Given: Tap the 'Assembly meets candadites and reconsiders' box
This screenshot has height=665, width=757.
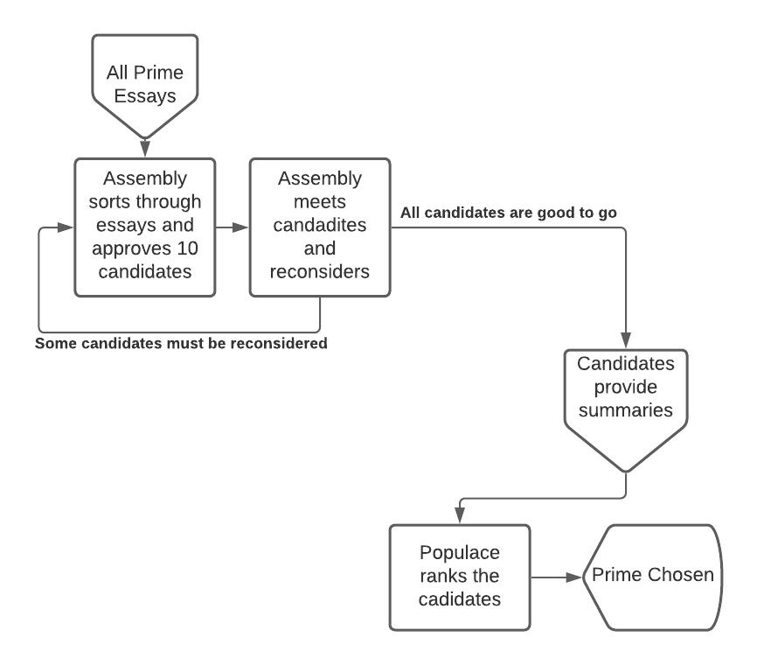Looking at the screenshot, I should pyautogui.click(x=319, y=225).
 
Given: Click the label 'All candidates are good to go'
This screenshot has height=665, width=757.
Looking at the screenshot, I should pyautogui.click(x=510, y=213).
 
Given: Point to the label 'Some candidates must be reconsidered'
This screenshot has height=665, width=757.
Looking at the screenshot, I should pyautogui.click(x=181, y=343).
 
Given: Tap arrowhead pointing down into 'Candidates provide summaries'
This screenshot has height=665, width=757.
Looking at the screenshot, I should pyautogui.click(x=626, y=341).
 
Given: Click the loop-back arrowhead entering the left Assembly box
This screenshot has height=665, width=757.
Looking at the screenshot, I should pyautogui.click(x=66, y=227).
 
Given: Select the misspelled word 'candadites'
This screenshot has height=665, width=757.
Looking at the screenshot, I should pyautogui.click(x=320, y=225).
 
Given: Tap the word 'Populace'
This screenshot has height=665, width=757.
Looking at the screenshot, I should pyautogui.click(x=460, y=553).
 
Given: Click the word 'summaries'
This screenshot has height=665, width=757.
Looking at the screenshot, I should pyautogui.click(x=625, y=409).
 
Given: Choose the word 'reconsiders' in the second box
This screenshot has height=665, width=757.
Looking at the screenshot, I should pyautogui.click(x=320, y=270).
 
